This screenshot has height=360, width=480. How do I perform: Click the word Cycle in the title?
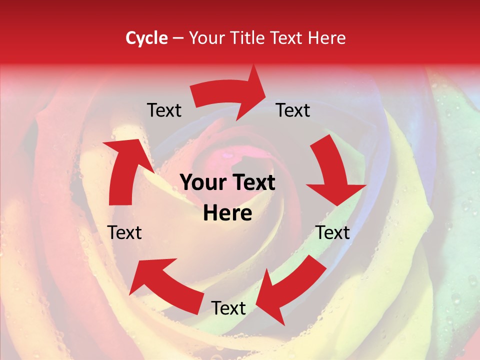tap(146, 38)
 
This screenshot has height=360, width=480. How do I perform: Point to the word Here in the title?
tap(326, 38)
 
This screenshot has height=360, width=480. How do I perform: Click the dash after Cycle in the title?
tap(177, 38)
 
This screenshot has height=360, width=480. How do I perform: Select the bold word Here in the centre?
tap(227, 213)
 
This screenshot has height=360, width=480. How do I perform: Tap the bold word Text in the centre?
tap(253, 183)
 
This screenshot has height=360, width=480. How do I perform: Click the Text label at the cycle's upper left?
tap(164, 110)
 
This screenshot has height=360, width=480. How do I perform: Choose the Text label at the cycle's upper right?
tap(293, 110)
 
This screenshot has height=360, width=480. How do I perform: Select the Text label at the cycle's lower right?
tap(332, 232)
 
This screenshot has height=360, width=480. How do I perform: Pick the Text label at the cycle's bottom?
tap(228, 308)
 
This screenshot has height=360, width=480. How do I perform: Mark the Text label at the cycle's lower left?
tap(124, 232)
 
